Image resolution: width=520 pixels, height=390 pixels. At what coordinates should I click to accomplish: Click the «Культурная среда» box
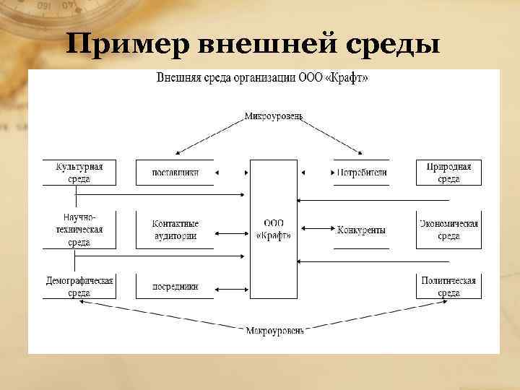click(79, 173)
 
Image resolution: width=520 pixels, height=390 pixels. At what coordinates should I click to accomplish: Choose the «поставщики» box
click(175, 173)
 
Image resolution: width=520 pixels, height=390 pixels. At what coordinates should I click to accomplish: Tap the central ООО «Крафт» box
click(274, 229)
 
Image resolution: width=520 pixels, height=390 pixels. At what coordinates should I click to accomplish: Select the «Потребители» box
click(361, 173)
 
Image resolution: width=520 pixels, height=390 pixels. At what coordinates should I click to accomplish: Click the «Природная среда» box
click(448, 173)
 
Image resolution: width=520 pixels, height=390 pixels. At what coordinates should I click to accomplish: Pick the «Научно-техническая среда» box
click(79, 230)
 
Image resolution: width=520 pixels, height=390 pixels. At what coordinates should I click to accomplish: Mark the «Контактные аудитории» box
click(175, 230)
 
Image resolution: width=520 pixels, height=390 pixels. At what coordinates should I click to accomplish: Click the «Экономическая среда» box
click(448, 230)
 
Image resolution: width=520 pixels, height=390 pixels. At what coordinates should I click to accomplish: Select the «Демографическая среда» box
click(79, 287)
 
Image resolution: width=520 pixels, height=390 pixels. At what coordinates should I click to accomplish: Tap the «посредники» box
click(175, 287)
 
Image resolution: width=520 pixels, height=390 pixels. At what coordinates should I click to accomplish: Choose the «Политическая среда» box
click(448, 287)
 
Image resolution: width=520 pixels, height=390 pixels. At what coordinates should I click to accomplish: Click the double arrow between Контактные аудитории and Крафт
click(232, 234)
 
